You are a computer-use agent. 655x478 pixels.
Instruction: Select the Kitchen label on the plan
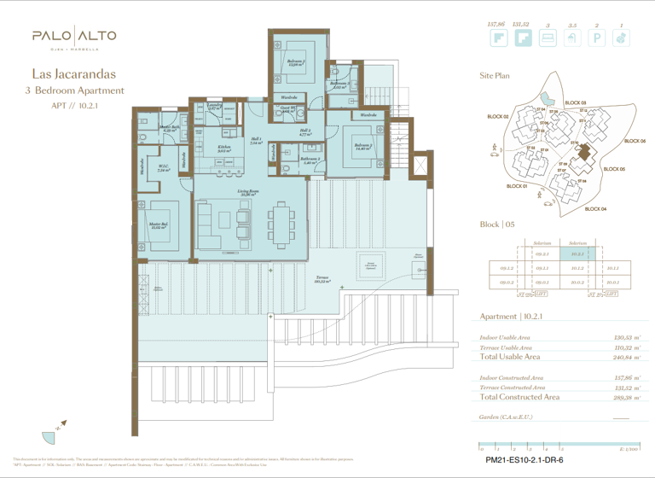224,149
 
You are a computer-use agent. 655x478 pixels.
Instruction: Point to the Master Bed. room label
157,227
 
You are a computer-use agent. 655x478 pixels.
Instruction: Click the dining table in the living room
281,222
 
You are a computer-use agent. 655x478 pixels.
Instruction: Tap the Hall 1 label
256,142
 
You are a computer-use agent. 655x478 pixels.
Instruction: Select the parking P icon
597,38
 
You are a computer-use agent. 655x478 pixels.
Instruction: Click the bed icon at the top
548,38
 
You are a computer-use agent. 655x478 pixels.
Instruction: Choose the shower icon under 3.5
573,38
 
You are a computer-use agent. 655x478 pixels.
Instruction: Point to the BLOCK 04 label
594,209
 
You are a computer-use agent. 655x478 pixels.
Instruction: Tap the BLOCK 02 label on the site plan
498,116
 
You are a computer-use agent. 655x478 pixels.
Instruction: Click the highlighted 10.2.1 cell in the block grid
577,254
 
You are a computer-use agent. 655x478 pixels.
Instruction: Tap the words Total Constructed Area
519,397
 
